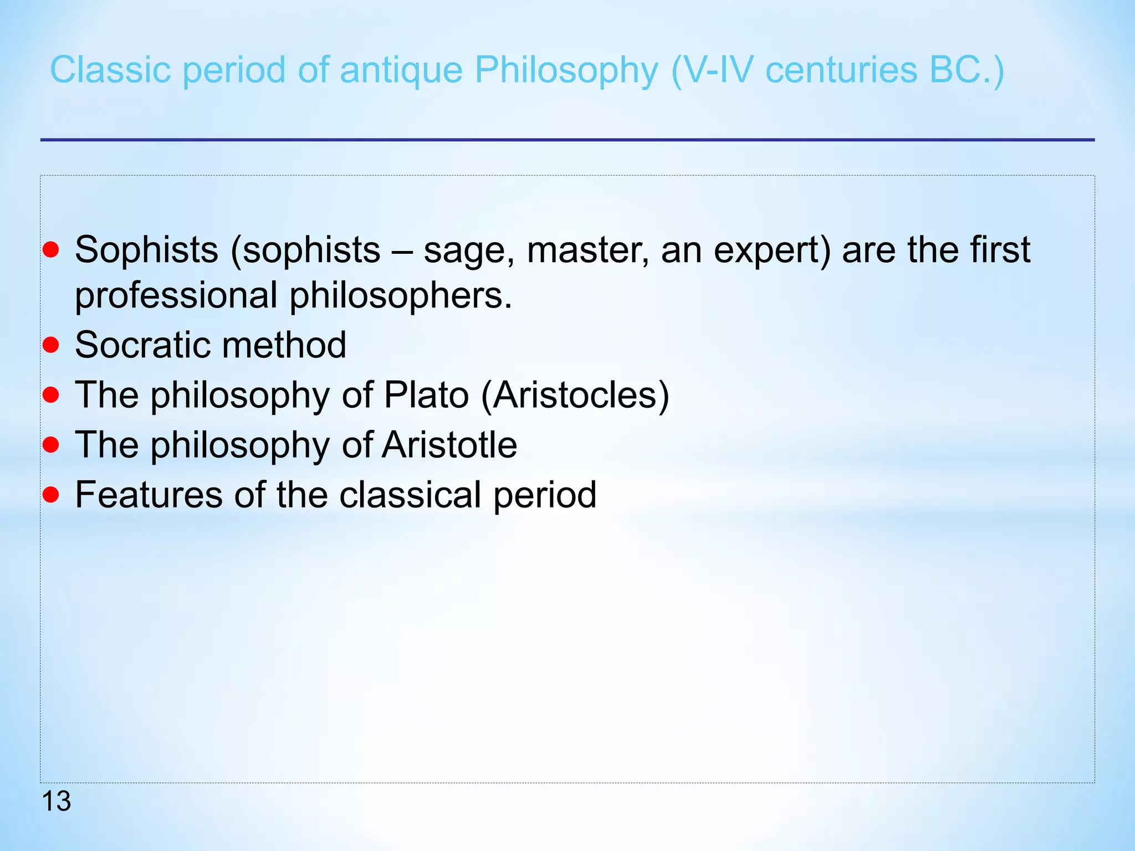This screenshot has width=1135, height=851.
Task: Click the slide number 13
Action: (56, 801)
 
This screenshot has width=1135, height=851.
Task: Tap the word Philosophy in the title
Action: (566, 70)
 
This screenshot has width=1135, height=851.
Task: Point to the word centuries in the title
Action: (841, 70)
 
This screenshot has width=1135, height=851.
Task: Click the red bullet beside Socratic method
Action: (50, 345)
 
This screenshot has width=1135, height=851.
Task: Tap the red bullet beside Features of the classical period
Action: (50, 494)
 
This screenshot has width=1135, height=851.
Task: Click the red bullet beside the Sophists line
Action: (50, 249)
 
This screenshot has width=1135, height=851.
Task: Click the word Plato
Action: (426, 395)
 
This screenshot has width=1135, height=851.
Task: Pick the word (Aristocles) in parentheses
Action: (575, 395)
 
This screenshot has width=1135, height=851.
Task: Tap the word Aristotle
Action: (449, 445)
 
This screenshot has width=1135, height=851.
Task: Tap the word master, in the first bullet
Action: (588, 250)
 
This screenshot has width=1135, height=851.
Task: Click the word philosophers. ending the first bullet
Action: (401, 295)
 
